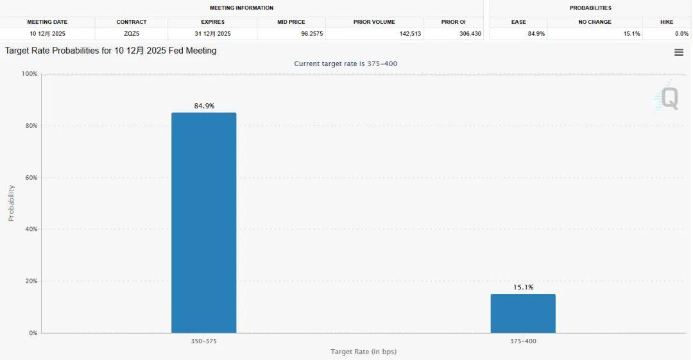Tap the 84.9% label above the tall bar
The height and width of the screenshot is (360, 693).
coord(204,106)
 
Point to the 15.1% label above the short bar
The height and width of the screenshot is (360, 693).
coord(523,287)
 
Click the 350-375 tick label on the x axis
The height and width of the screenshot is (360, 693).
coord(204,341)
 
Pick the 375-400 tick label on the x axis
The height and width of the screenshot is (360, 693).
coord(523,341)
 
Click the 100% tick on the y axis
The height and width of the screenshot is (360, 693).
coord(30,74)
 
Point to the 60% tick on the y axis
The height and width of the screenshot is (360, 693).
coord(31,178)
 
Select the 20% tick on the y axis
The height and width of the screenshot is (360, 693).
coord(31,281)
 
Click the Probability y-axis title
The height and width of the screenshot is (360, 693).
coord(11,203)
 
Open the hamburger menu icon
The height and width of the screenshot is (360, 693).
coord(679,53)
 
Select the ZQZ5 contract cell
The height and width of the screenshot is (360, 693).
coord(132,33)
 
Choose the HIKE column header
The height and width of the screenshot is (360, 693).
coord(667,22)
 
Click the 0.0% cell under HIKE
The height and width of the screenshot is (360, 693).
coord(681,33)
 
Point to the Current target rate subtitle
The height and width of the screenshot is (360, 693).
coord(346,64)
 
